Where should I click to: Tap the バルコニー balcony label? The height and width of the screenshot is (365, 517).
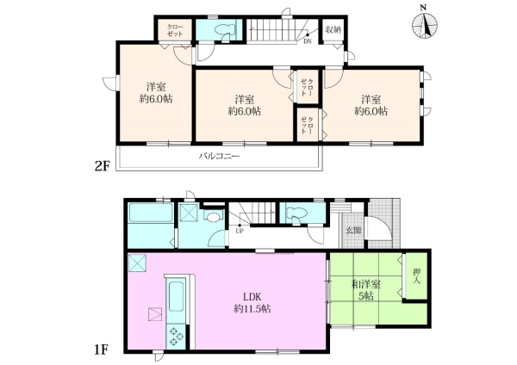click(219, 156)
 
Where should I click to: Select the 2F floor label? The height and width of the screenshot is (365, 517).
click(102, 167)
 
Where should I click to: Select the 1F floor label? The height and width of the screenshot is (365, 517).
click(101, 350)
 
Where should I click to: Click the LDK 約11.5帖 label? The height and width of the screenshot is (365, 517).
click(252, 303)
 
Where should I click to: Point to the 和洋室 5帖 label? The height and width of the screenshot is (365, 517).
click(366, 289)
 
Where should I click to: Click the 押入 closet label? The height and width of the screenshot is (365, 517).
click(417, 276)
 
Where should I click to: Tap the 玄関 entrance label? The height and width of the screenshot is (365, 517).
click(353, 230)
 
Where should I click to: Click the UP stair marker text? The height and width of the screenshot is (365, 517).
click(240, 232)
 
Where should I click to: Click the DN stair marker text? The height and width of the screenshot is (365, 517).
click(308, 41)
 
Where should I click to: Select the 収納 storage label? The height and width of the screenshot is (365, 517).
click(333, 29)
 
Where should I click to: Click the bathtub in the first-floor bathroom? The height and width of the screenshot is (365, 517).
click(151, 213)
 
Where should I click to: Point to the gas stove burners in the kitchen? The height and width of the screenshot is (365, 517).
click(175, 337)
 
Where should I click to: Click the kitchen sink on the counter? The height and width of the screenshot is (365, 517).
click(176, 296)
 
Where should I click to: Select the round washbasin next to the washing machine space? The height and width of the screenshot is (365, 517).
click(212, 217)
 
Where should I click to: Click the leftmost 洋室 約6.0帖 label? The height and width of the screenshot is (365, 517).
click(156, 93)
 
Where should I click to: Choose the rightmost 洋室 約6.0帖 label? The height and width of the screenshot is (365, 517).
click(371, 105)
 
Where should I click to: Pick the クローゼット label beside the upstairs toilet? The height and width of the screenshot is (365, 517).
click(175, 30)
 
